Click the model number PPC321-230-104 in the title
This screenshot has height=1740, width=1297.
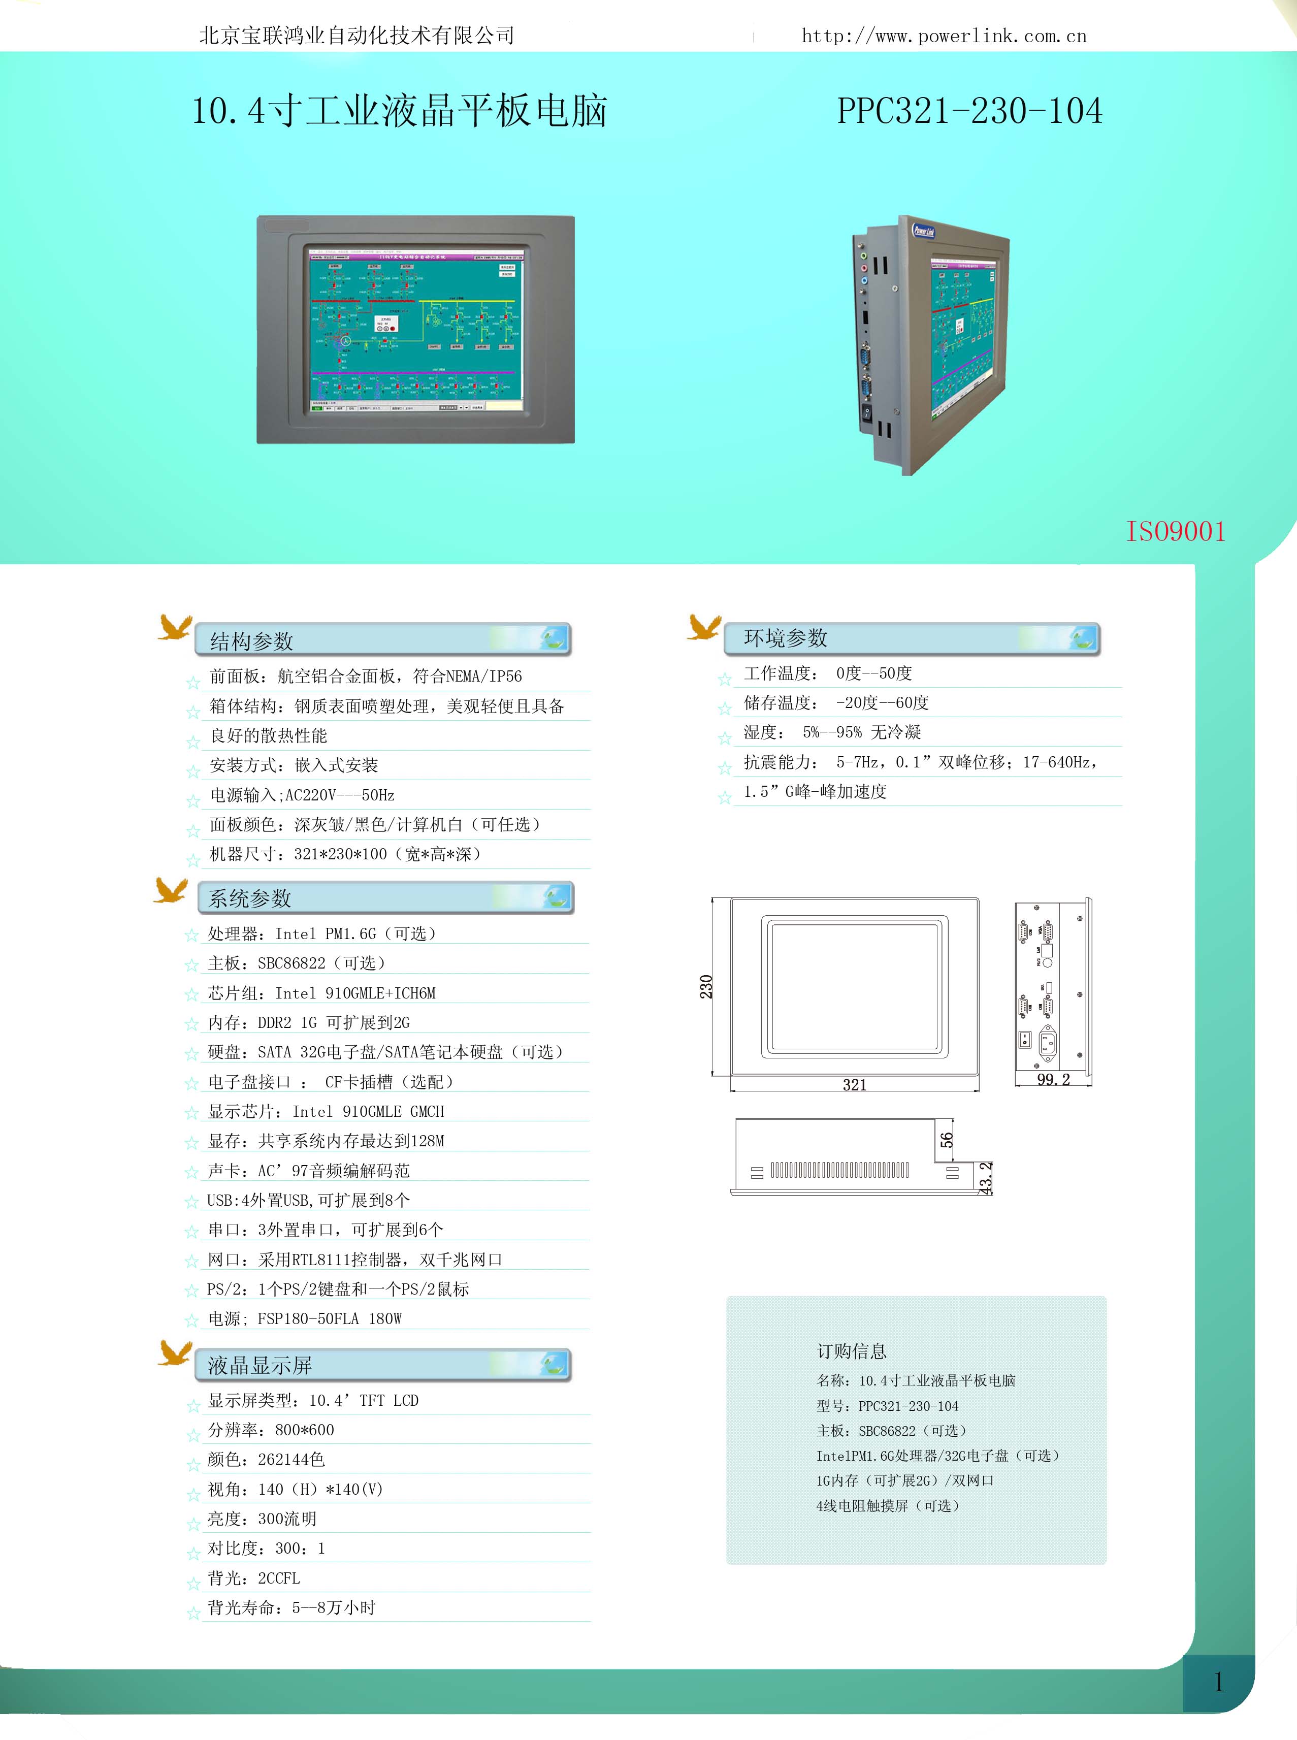pos(969,111)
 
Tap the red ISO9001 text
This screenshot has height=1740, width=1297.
pos(1175,532)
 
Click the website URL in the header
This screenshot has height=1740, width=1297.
pos(944,36)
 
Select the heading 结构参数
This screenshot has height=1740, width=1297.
pos(251,641)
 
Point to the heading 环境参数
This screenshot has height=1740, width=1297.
pos(785,637)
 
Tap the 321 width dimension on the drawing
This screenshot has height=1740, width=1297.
pos(854,1084)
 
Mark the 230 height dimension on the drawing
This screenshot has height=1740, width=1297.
pos(706,986)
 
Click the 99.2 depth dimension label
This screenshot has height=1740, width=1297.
pos(1053,1080)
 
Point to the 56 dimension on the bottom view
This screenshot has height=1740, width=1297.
pos(947,1139)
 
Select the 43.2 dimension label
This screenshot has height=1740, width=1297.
pos(986,1178)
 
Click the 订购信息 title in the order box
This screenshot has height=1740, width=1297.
pos(852,1350)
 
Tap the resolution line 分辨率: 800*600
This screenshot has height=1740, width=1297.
pos(271,1430)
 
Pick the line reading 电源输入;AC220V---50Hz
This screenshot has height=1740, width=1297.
pos(302,795)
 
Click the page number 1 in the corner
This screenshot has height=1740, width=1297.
pos(1218,1682)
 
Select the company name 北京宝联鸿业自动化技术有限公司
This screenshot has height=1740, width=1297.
pos(356,36)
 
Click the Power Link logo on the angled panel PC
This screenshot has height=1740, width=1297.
pos(923,230)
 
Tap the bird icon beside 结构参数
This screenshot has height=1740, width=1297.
pos(175,627)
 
